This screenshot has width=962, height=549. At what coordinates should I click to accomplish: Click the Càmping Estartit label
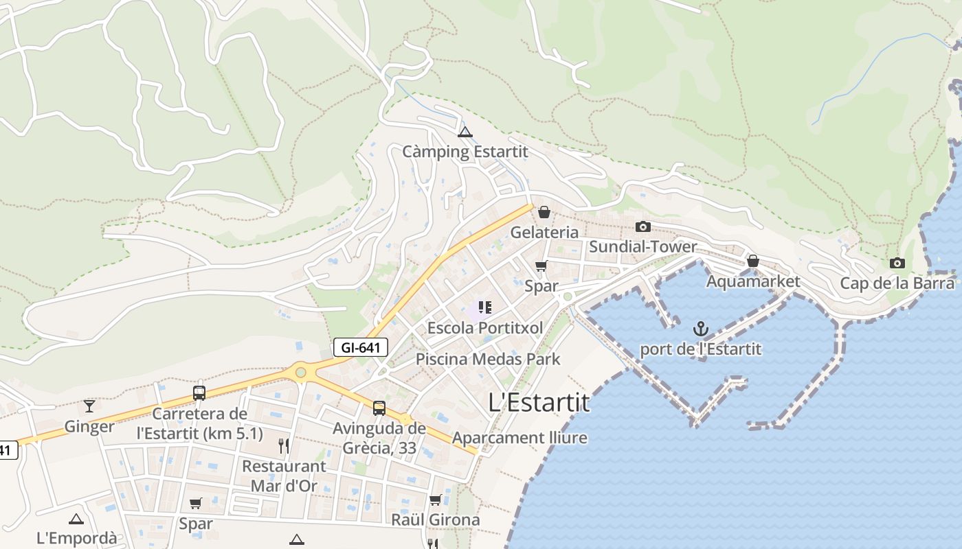(465, 152)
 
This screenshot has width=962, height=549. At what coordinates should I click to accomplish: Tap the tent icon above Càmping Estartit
(465, 132)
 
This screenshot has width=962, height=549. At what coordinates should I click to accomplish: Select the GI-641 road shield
(361, 347)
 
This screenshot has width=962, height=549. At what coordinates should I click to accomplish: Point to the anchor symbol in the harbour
(701, 329)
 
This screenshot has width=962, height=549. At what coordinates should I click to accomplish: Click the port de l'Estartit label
(700, 349)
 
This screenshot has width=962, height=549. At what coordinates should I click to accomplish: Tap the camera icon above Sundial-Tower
(643, 226)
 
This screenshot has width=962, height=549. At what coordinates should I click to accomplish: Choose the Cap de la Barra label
(897, 283)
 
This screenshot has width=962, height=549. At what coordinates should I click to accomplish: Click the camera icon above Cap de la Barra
(897, 263)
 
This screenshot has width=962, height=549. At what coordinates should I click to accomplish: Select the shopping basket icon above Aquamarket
(753, 261)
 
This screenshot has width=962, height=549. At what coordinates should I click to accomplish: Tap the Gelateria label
(544, 233)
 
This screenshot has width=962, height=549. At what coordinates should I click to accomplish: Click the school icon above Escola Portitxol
(485, 307)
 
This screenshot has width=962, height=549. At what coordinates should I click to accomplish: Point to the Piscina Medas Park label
(488, 359)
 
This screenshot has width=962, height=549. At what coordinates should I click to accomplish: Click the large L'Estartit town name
(539, 402)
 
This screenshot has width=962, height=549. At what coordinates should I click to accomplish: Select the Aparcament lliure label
(519, 438)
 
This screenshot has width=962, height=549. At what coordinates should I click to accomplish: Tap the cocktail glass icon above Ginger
(89, 406)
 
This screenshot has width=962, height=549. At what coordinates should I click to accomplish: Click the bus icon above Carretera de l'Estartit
(199, 393)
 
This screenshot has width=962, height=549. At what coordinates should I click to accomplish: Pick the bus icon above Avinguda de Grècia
(379, 408)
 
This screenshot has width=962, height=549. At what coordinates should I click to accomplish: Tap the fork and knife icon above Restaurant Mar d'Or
(284, 446)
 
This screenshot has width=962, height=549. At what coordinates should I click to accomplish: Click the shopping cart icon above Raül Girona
(435, 500)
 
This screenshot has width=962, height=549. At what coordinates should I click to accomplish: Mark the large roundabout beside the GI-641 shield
(300, 372)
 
